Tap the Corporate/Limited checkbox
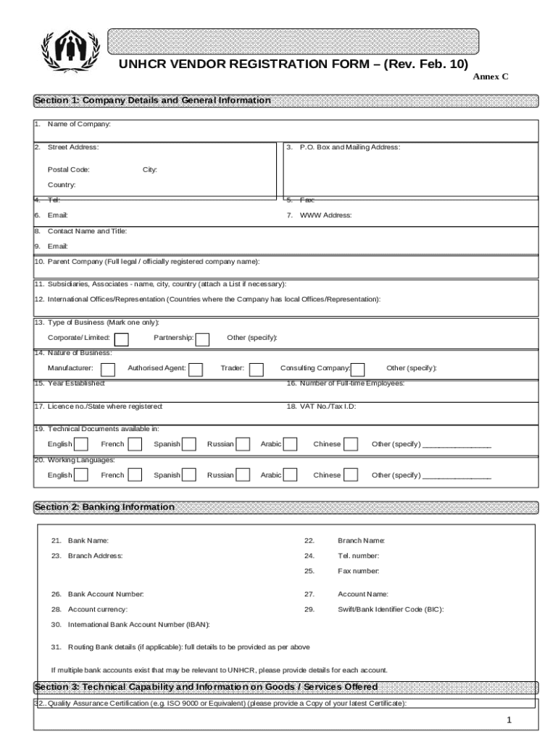tap(122, 340)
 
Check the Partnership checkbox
tap(203, 340)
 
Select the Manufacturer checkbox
tap(108, 370)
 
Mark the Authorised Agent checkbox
tap(196, 370)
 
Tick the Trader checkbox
tap(257, 370)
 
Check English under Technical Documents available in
tap(82, 444)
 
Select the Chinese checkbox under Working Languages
tap(351, 475)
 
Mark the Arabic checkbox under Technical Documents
tap(291, 444)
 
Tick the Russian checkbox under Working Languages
tap(243, 475)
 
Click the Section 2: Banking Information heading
tap(104, 507)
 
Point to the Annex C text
tap(491, 76)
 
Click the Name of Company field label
tap(79, 125)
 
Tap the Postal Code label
tap(69, 170)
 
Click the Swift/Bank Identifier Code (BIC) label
tap(391, 609)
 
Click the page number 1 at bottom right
tap(509, 720)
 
